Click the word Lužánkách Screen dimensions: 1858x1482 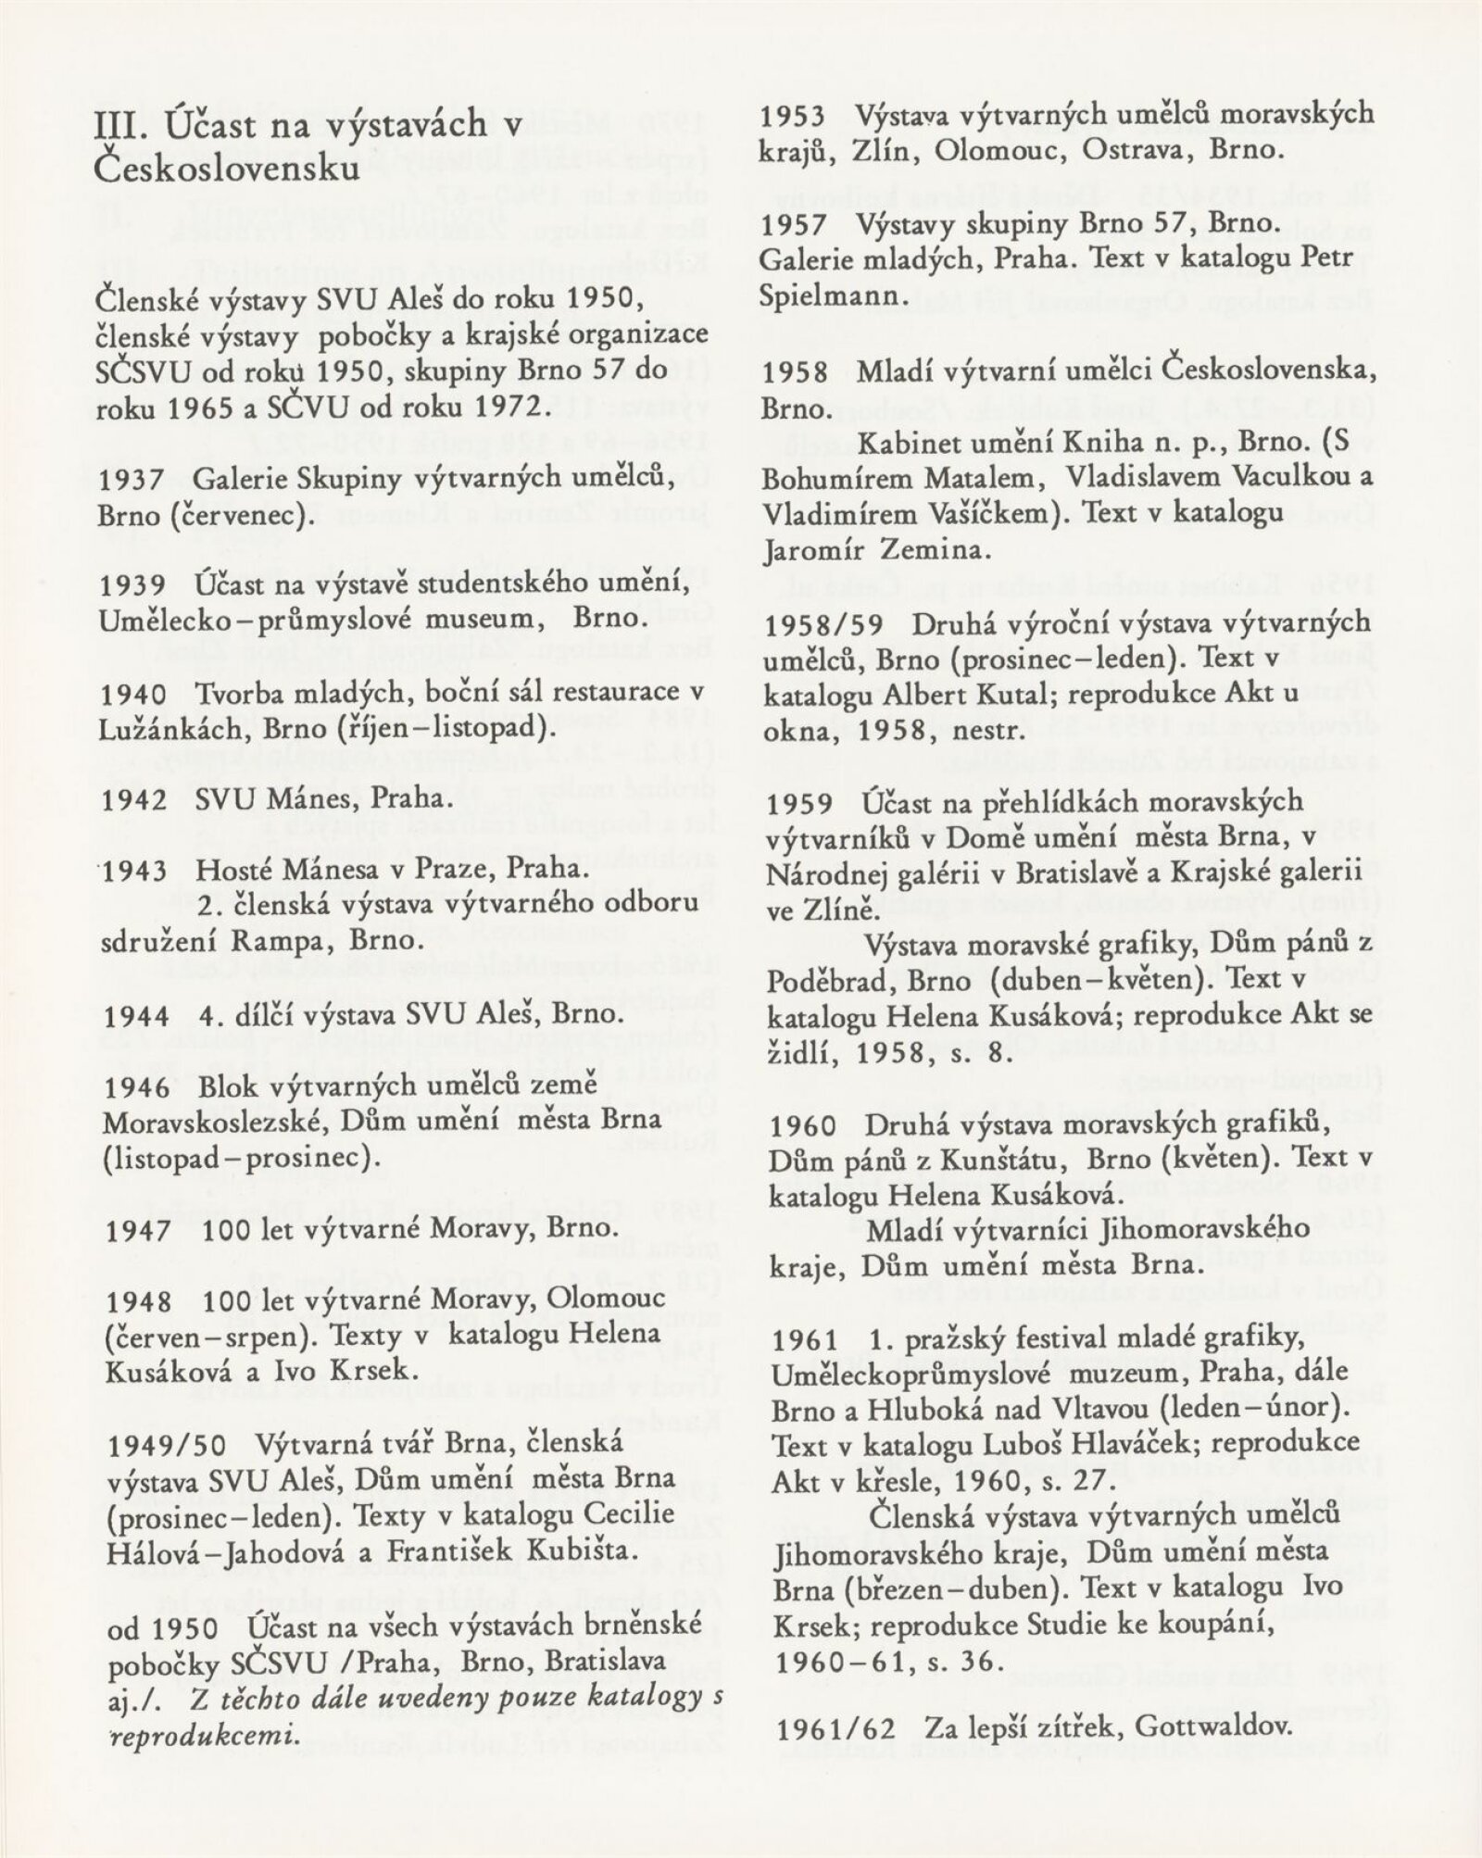pos(165,728)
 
